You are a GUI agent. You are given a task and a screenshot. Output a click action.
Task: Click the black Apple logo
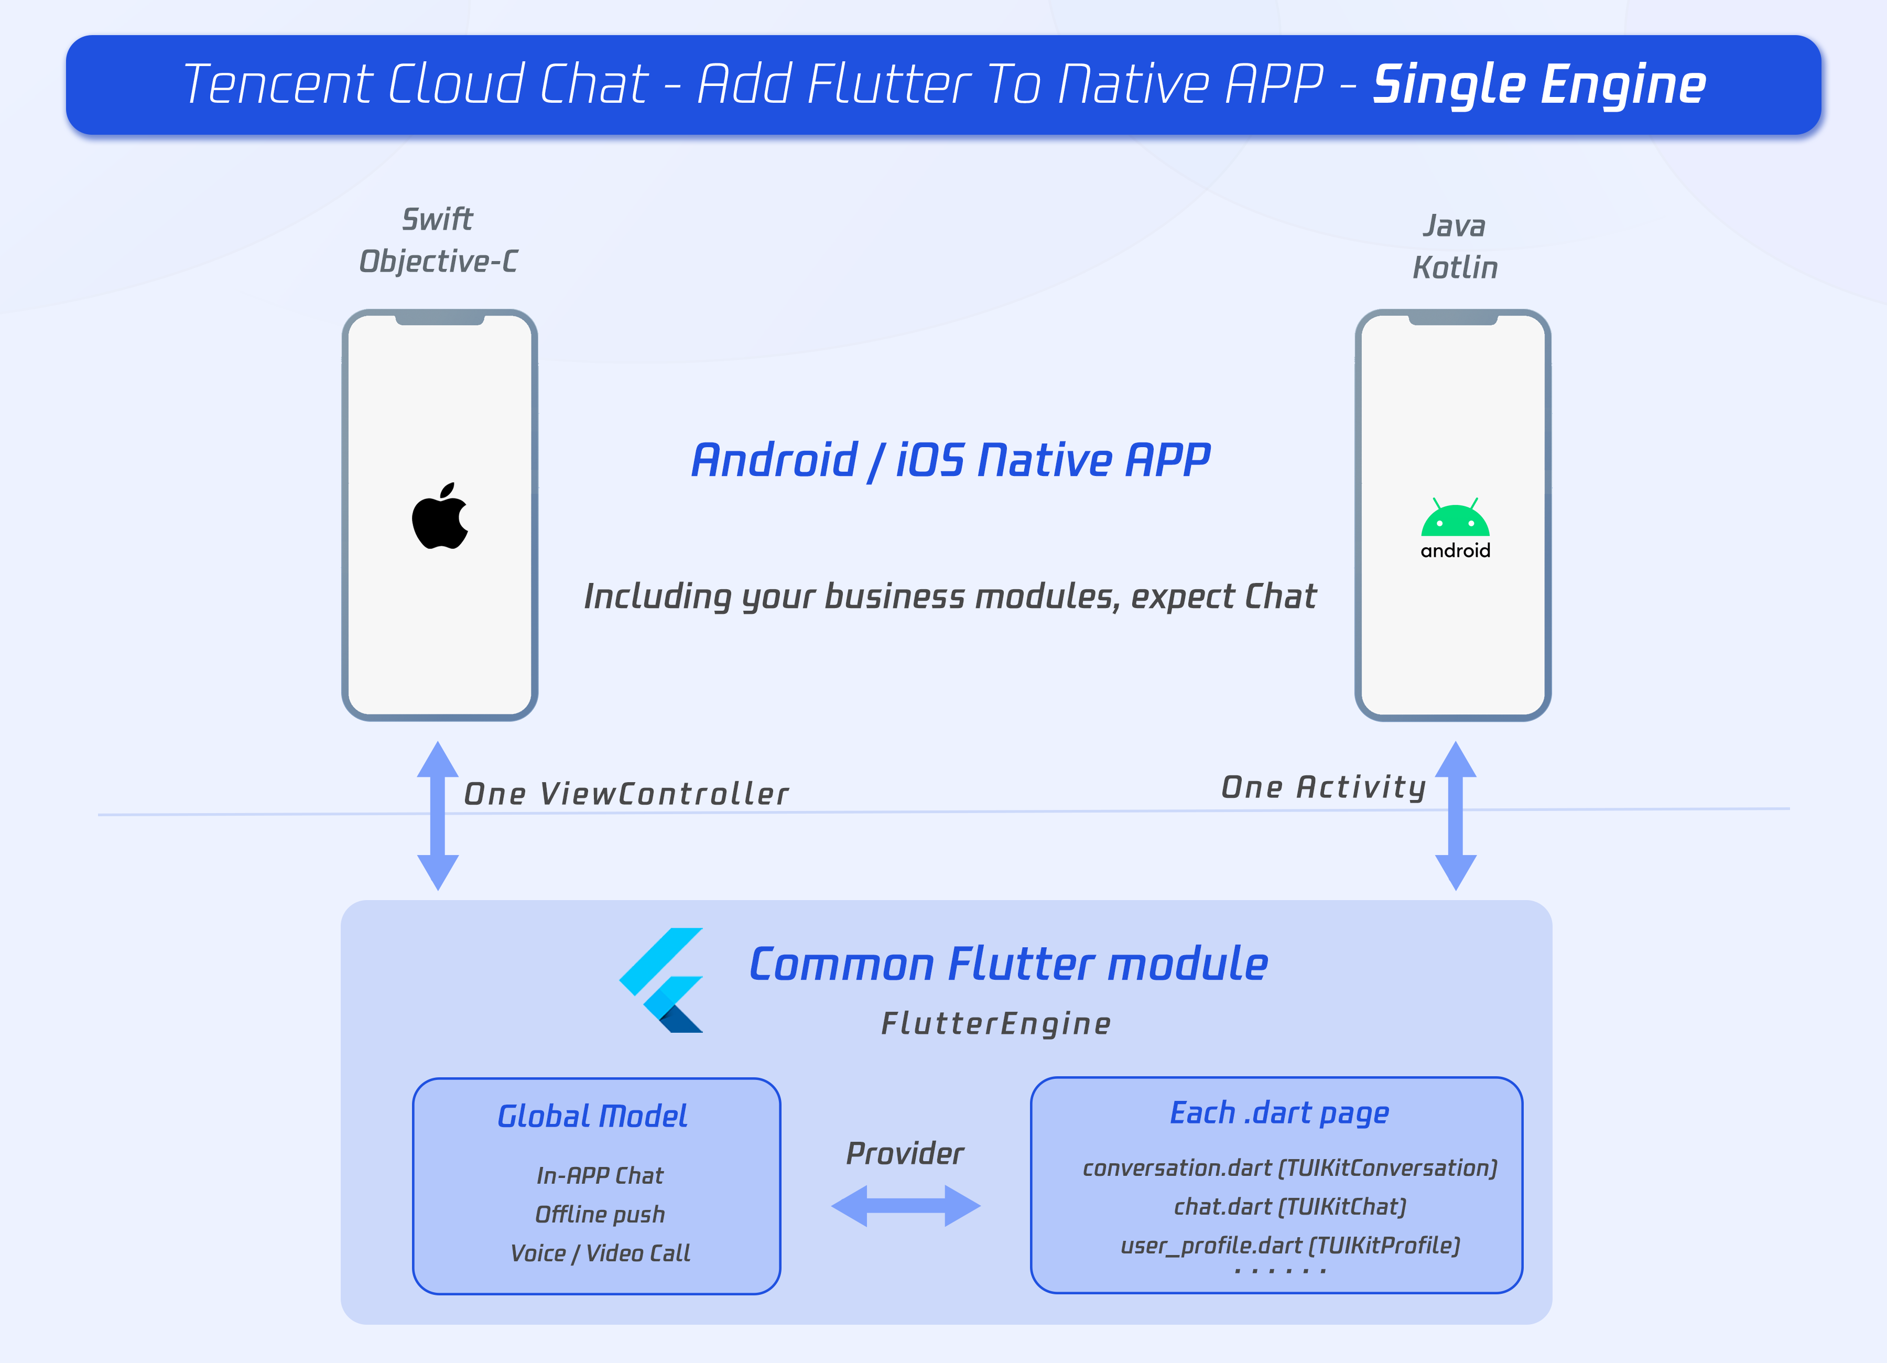pos(440,517)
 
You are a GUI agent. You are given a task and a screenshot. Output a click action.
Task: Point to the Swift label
pos(438,220)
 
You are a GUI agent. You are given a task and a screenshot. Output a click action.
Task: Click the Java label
pos(1455,225)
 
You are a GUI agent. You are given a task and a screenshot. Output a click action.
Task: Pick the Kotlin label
pos(1455,268)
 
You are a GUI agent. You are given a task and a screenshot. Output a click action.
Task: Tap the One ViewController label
pos(626,794)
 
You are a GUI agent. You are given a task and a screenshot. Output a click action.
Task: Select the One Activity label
pos(1324,787)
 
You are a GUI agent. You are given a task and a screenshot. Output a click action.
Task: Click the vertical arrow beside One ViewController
pos(438,816)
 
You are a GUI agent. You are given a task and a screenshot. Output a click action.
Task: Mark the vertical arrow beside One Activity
pos(1455,816)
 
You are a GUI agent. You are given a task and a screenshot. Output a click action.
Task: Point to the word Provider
pos(905,1153)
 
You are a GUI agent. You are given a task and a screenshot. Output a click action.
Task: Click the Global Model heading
pos(592,1116)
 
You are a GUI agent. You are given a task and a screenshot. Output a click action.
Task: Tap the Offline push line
pos(600,1214)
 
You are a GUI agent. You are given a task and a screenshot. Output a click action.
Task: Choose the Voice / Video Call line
pos(600,1253)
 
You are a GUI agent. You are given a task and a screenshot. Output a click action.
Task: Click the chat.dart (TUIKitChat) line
pos(1289,1207)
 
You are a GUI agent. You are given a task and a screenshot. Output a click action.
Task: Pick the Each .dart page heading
pos(1279,1112)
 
